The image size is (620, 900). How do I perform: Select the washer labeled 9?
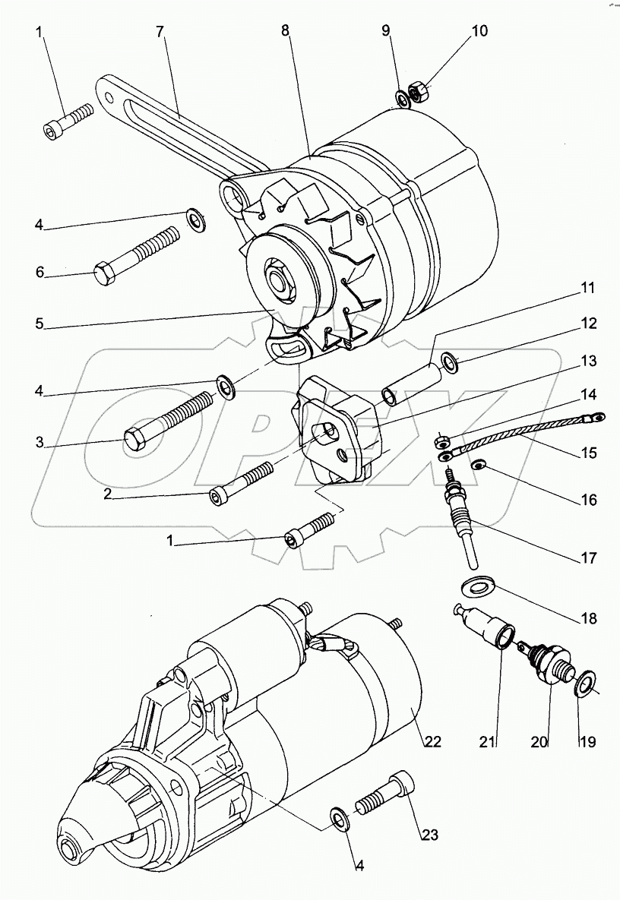[402, 99]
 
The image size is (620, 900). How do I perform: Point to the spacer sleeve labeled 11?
[411, 384]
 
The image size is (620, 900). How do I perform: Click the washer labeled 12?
[451, 363]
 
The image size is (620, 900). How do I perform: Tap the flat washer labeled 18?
[476, 587]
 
